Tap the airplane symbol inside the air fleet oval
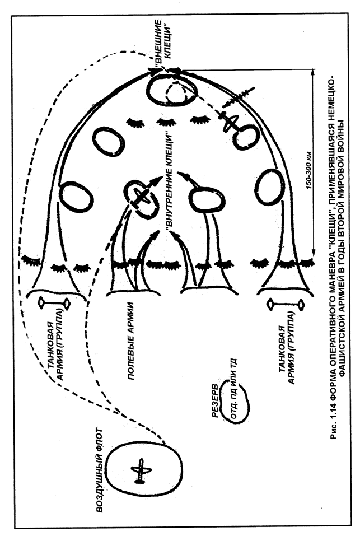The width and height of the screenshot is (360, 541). pyautogui.click(x=141, y=470)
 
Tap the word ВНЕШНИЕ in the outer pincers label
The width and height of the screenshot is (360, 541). pyautogui.click(x=157, y=43)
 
